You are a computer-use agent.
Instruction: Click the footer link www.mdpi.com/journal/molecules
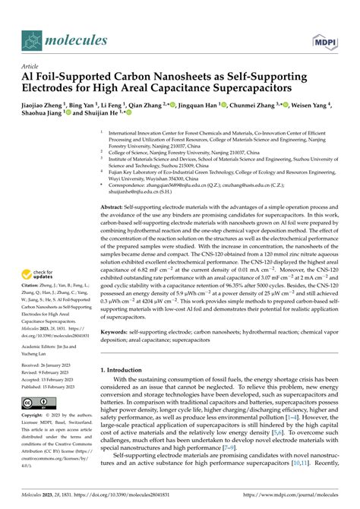(x=296, y=501)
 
